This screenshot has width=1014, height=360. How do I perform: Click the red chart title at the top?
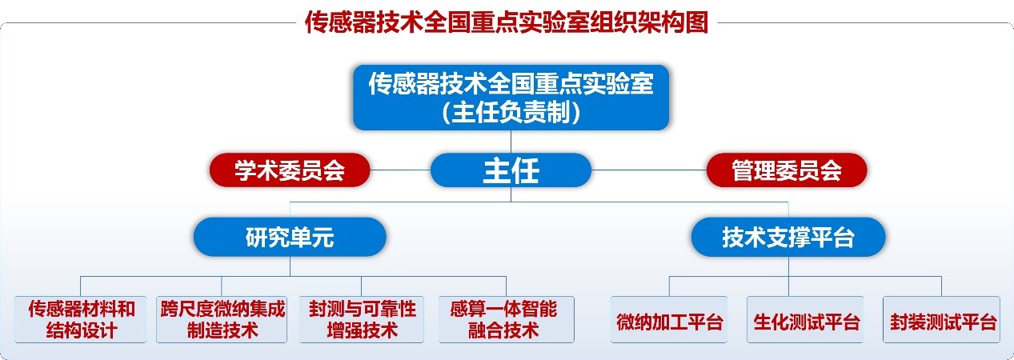507,22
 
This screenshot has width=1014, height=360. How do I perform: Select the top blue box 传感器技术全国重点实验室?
511,98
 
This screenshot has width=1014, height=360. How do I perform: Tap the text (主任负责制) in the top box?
511,112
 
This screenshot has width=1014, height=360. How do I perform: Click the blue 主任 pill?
511,170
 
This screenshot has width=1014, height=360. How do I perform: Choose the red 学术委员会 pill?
290,170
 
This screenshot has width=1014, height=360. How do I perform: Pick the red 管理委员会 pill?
787,170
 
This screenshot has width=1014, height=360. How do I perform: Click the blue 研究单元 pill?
290,237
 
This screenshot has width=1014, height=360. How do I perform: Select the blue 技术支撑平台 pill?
788,237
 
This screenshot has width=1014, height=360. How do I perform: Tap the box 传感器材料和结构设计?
81,319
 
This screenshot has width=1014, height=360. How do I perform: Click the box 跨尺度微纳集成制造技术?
222,319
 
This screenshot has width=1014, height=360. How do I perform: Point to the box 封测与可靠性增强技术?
362,319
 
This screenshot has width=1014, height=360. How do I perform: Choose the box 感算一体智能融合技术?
507,319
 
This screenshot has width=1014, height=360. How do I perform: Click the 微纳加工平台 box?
669,319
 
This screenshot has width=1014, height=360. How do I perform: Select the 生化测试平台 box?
805,319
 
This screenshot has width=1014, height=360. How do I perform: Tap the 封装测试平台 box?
941,319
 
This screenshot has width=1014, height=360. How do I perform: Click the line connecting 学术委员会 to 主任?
400,170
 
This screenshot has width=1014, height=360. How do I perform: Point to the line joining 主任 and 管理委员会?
649,170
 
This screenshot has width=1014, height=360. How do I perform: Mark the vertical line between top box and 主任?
511,142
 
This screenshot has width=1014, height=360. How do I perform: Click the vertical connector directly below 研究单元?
291,266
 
